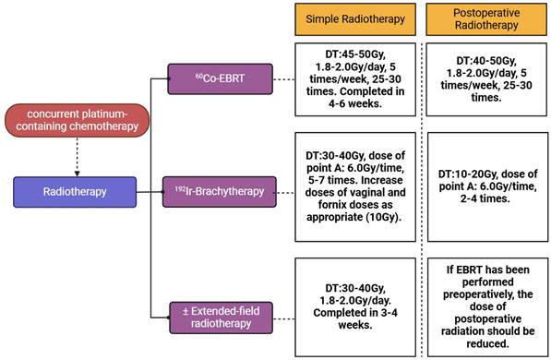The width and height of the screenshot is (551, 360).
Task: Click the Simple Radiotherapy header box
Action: [355, 19]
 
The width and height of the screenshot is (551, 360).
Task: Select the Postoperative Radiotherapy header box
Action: [486, 19]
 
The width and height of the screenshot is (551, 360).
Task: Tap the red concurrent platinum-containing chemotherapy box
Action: [77, 120]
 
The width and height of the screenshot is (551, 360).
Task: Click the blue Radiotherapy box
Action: [75, 192]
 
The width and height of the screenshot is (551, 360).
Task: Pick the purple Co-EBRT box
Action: [220, 78]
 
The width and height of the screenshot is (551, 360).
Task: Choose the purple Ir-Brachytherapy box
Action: [220, 192]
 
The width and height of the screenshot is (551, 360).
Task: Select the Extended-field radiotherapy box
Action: [221, 318]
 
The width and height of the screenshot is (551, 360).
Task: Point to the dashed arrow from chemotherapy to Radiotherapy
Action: [77, 157]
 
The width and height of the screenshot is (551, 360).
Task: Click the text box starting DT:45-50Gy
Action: [355, 79]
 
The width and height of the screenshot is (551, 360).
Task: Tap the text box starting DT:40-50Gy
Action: [486, 79]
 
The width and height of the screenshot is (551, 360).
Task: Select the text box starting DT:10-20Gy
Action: [487, 187]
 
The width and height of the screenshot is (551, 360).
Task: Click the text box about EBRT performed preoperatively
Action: [487, 307]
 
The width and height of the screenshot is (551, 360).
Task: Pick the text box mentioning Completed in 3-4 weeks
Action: [355, 307]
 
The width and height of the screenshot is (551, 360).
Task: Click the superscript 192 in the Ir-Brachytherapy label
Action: [180, 189]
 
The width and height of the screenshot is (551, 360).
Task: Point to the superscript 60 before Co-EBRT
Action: [199, 76]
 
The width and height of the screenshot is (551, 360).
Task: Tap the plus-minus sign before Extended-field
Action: [186, 311]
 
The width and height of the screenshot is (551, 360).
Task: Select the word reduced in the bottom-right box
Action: [487, 343]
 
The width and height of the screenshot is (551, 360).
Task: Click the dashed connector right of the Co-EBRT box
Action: [284, 79]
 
